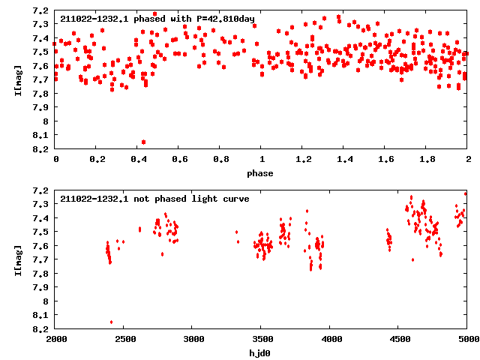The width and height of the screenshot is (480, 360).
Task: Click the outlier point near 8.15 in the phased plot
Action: (x=143, y=142)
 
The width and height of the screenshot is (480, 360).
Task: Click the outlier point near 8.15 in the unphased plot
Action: (x=111, y=322)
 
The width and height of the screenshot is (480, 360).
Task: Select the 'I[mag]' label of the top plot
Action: (x=18, y=79)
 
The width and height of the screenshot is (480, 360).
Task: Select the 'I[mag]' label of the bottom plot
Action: (x=18, y=259)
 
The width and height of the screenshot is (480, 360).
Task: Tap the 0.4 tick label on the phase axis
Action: (x=138, y=160)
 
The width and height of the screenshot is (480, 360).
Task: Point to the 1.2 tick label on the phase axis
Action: (x=303, y=160)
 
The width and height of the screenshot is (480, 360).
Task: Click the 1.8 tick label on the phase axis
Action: (x=427, y=160)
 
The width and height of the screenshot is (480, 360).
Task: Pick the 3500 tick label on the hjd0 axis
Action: (x=262, y=339)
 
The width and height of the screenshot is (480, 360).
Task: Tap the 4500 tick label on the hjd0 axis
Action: (x=399, y=339)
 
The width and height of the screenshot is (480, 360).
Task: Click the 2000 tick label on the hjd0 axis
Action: (x=56, y=339)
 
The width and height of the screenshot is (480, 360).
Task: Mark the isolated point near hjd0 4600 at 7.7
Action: (x=412, y=259)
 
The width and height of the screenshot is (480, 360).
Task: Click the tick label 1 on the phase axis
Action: (x=262, y=160)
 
